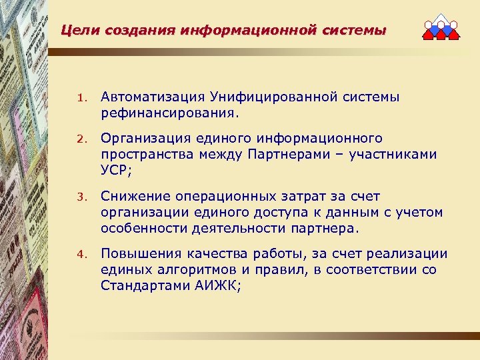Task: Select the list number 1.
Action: tap(79, 98)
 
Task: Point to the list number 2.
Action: tap(79, 139)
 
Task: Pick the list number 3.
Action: tap(79, 197)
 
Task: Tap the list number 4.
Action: tap(79, 254)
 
